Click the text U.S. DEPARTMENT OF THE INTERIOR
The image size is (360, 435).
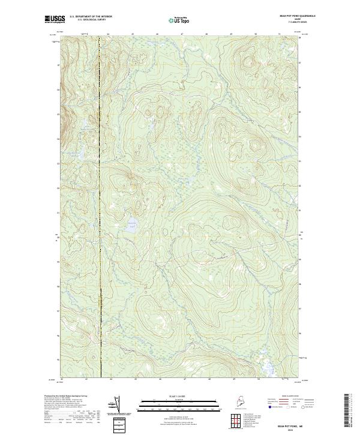tap(91, 16)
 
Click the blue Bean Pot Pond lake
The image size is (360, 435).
tap(132, 226)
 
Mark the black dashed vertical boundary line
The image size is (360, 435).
tap(100, 210)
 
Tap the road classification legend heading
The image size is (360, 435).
tap(282, 397)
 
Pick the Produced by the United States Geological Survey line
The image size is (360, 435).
tap(66, 397)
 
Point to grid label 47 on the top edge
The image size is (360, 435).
tap(182, 34)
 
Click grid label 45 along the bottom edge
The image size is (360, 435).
tap(136, 379)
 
